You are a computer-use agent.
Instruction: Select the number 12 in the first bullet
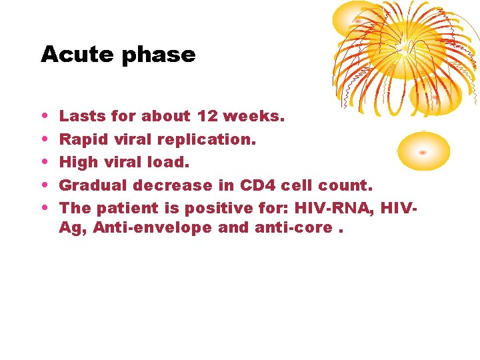pos(208,116)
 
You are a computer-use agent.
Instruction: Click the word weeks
pos(254,116)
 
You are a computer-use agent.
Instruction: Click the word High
pos(77,162)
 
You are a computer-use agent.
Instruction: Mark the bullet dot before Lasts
pos(44,117)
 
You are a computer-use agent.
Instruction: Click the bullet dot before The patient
pos(44,209)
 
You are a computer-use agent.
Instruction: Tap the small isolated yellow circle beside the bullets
pos(423,151)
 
